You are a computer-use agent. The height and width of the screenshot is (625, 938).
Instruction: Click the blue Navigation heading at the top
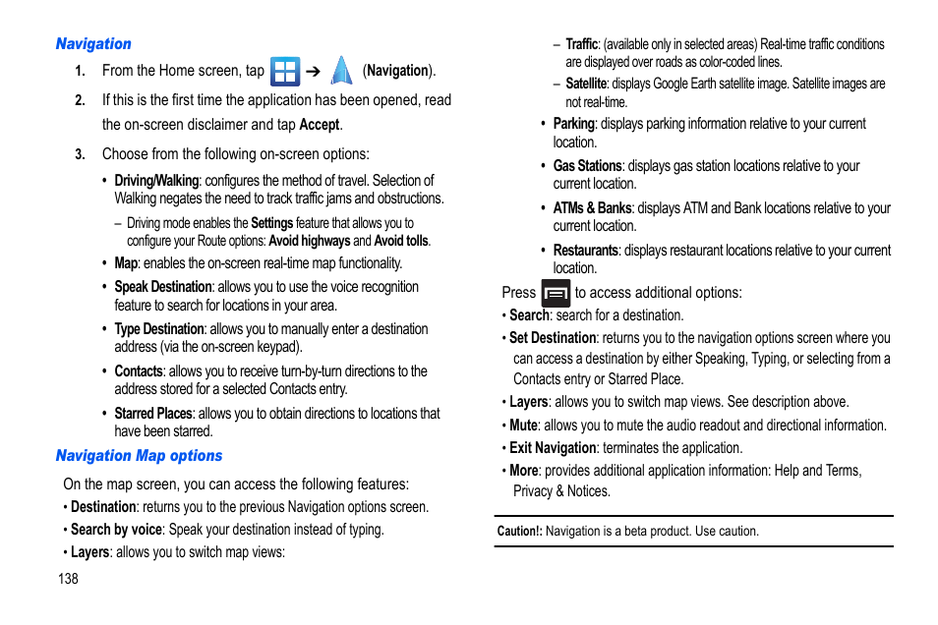point(93,44)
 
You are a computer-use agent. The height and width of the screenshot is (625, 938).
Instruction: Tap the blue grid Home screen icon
point(285,71)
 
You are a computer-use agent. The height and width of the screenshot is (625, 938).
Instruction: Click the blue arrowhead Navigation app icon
point(341,71)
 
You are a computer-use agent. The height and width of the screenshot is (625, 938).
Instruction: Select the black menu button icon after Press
point(556,293)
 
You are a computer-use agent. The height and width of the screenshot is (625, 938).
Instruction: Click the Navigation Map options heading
point(139,456)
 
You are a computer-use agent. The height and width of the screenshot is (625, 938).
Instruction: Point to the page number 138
point(67,579)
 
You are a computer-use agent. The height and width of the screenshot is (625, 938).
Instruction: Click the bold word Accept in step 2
point(320,125)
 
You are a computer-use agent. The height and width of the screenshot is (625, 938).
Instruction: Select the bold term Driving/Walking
point(156,181)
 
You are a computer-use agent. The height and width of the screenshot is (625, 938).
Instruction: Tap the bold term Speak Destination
point(162,287)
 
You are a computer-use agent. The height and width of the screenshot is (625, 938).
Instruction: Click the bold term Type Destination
point(159,329)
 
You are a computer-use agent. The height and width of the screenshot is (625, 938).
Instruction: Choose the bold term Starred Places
point(153,414)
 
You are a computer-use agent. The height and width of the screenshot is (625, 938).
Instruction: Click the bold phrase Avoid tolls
point(402,241)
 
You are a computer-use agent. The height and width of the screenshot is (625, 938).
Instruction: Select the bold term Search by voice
point(116,530)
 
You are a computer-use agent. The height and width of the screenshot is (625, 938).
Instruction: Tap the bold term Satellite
point(586,84)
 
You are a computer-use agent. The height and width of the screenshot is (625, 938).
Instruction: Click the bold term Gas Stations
point(587,166)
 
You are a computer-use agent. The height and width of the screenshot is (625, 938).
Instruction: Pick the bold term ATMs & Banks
point(592,208)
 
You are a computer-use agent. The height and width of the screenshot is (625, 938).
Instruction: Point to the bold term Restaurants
point(585,251)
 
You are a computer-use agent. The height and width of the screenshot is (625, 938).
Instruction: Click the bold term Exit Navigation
point(553,448)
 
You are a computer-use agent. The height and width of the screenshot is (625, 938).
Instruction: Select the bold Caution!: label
point(519,532)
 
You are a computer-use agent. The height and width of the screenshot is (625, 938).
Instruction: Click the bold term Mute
point(523,426)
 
